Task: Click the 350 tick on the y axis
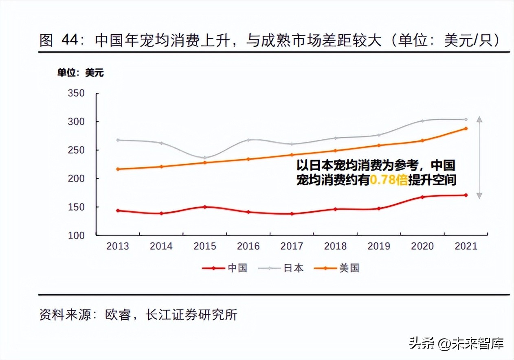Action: click(x=76, y=93)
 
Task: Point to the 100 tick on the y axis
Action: click(x=76, y=235)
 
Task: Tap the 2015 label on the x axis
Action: click(x=204, y=246)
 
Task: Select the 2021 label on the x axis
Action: click(x=466, y=246)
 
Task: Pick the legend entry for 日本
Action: click(x=281, y=268)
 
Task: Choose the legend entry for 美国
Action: click(x=337, y=268)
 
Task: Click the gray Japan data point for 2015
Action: click(x=204, y=158)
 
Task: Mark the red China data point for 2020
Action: click(x=422, y=197)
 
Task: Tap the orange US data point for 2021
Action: click(x=466, y=129)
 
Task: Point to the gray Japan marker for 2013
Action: click(x=118, y=140)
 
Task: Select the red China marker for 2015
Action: click(x=204, y=207)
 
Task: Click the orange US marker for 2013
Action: click(x=118, y=169)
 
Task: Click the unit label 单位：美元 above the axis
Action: click(x=80, y=73)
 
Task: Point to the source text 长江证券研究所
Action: click(x=191, y=315)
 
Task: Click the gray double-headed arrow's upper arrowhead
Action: click(x=479, y=119)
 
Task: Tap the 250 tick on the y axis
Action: click(x=76, y=150)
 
